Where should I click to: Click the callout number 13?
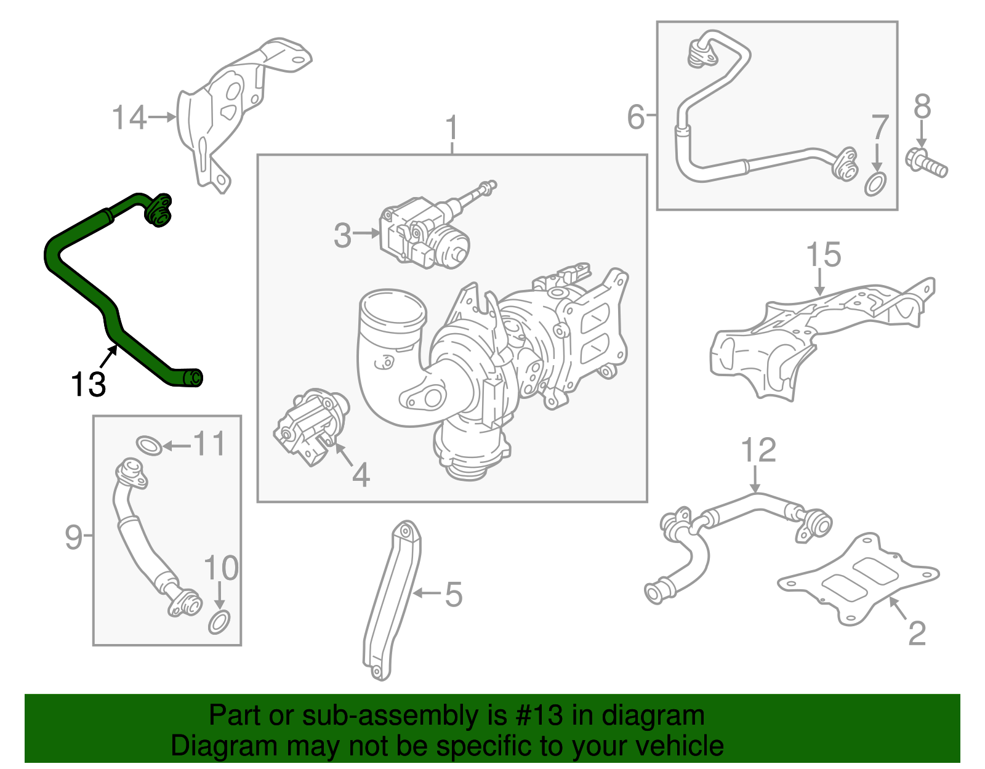coord(89,385)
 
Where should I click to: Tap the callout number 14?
coord(129,118)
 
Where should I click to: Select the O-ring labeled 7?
coord(875,184)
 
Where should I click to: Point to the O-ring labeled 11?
coord(149,445)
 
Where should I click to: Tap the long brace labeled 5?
coord(392,600)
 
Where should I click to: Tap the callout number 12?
coord(758,451)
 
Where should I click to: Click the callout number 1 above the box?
coord(452,127)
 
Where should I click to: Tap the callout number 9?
coord(73,537)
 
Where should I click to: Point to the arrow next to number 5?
coord(426,594)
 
